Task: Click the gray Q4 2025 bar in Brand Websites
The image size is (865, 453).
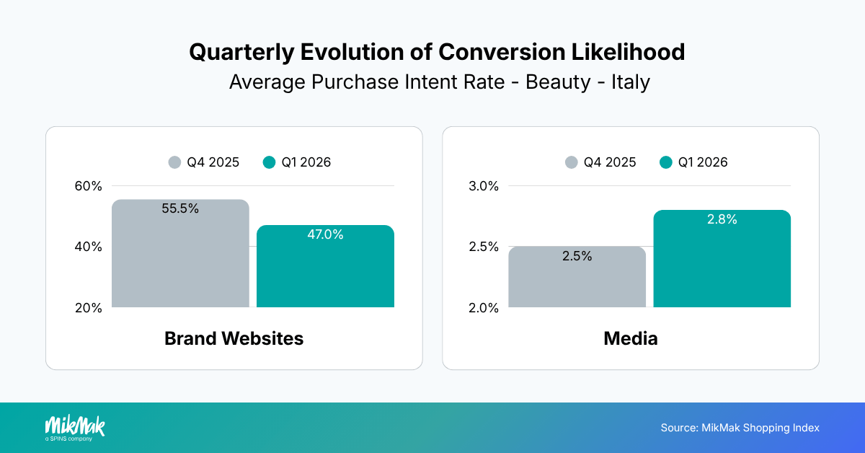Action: pyautogui.click(x=180, y=260)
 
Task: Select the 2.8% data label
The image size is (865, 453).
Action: pyautogui.click(x=722, y=220)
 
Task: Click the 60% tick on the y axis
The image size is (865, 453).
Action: pyautogui.click(x=89, y=186)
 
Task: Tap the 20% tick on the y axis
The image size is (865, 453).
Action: pyautogui.click(x=89, y=308)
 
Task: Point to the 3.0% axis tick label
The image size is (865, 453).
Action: pyautogui.click(x=484, y=186)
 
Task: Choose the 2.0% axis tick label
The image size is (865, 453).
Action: pyautogui.click(x=484, y=308)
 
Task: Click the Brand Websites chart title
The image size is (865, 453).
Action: pyautogui.click(x=234, y=338)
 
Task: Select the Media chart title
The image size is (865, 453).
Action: pyautogui.click(x=631, y=338)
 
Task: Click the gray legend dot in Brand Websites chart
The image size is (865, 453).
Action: pyautogui.click(x=174, y=162)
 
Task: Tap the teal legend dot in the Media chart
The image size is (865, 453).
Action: pyautogui.click(x=666, y=162)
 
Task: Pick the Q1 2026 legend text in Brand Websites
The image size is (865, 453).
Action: pyautogui.click(x=306, y=162)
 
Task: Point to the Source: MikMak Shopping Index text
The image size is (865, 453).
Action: pyautogui.click(x=740, y=428)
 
